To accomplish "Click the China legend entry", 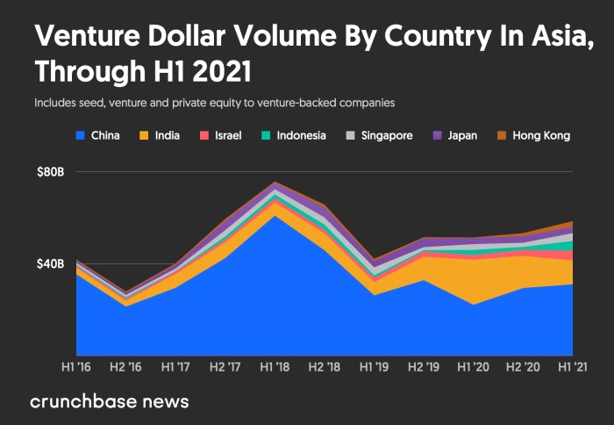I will pyautogui.click(x=98, y=136).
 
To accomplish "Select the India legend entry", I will pyautogui.click(x=163, y=136).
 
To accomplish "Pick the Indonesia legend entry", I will pyautogui.click(x=294, y=136).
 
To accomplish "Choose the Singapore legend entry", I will pyautogui.click(x=377, y=136).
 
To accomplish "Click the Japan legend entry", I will pyautogui.click(x=456, y=136).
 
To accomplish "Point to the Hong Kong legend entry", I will pyautogui.click(x=533, y=136).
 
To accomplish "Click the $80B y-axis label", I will pyautogui.click(x=49, y=172).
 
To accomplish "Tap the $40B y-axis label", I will pyautogui.click(x=49, y=263).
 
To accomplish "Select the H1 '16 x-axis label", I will pyautogui.click(x=75, y=366).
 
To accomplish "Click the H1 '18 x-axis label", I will pyautogui.click(x=275, y=366).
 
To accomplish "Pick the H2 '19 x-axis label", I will pyautogui.click(x=424, y=366).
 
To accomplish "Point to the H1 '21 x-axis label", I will pyautogui.click(x=573, y=366).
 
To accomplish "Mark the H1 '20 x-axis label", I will pyautogui.click(x=474, y=366).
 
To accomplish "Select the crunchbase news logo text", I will pyautogui.click(x=110, y=402).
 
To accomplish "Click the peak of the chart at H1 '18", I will pyautogui.click(x=275, y=182).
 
